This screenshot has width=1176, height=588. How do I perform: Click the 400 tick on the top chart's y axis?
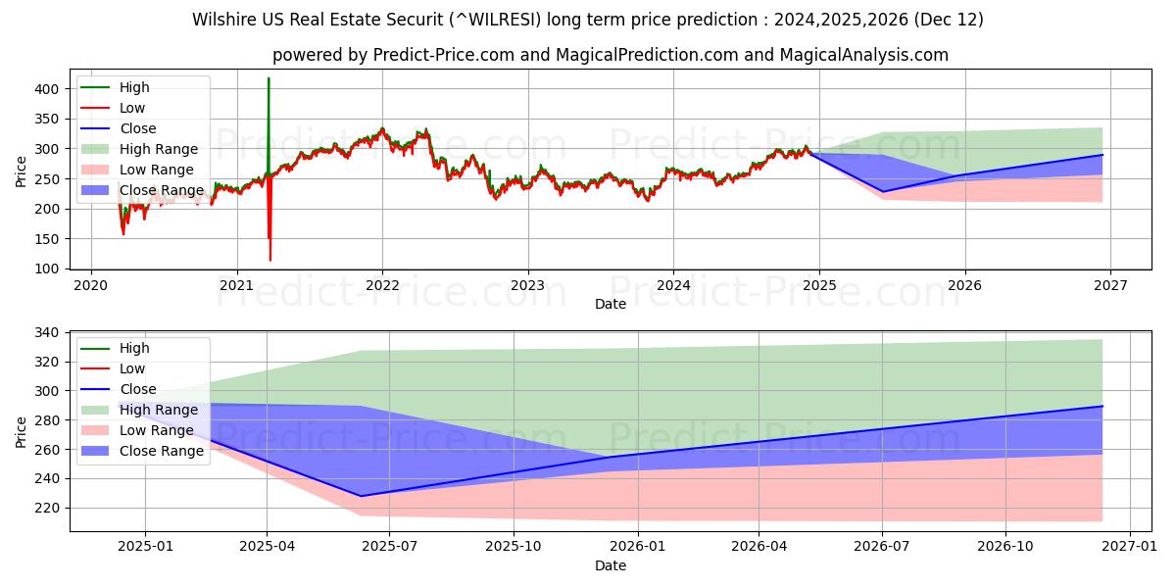tap(48, 88)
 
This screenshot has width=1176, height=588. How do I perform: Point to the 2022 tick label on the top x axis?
tap(382, 284)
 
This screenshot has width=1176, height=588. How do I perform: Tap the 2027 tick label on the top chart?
tap(1110, 284)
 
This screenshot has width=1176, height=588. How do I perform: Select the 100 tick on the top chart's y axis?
tap(48, 269)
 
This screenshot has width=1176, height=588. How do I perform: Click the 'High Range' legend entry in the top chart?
tap(158, 149)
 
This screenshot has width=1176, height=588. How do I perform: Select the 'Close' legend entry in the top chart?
tap(137, 128)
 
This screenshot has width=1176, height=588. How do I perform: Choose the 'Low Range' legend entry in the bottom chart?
tap(156, 430)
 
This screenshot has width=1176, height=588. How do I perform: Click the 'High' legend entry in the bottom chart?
tap(134, 348)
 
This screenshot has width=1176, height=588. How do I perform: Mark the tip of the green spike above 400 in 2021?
tap(269, 78)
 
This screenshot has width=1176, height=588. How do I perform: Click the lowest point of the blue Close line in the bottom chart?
tap(361, 496)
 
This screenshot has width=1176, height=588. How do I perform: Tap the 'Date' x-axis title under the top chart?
tap(610, 304)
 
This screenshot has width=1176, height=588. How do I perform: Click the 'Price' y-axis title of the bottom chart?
tap(21, 430)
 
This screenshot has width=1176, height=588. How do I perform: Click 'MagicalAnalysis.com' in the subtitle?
tap(863, 55)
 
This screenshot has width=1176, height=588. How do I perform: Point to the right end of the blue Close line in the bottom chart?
tap(1102, 406)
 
